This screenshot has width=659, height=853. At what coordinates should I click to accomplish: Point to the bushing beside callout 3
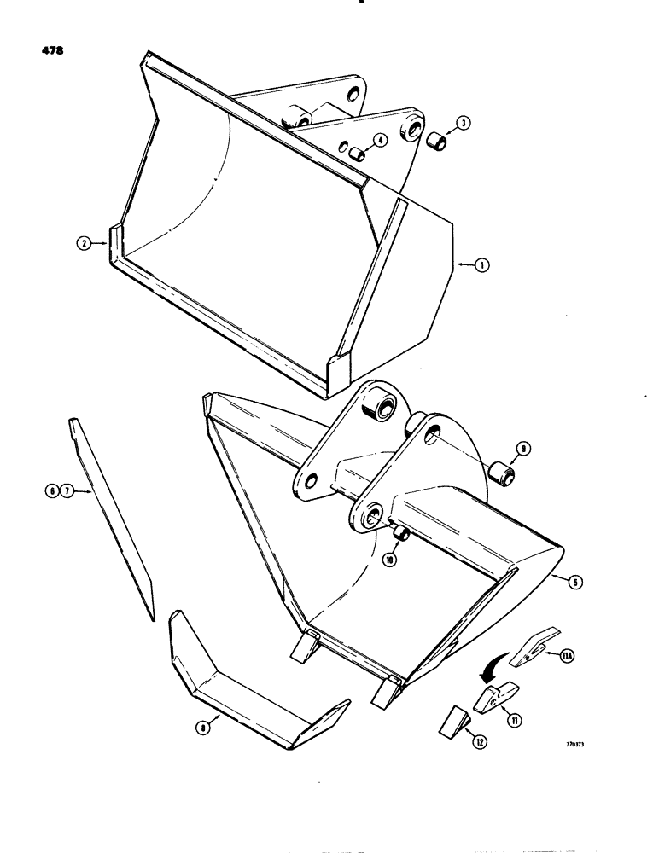pos(438,139)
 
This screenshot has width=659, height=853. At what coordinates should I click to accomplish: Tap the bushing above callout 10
pos(399,535)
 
